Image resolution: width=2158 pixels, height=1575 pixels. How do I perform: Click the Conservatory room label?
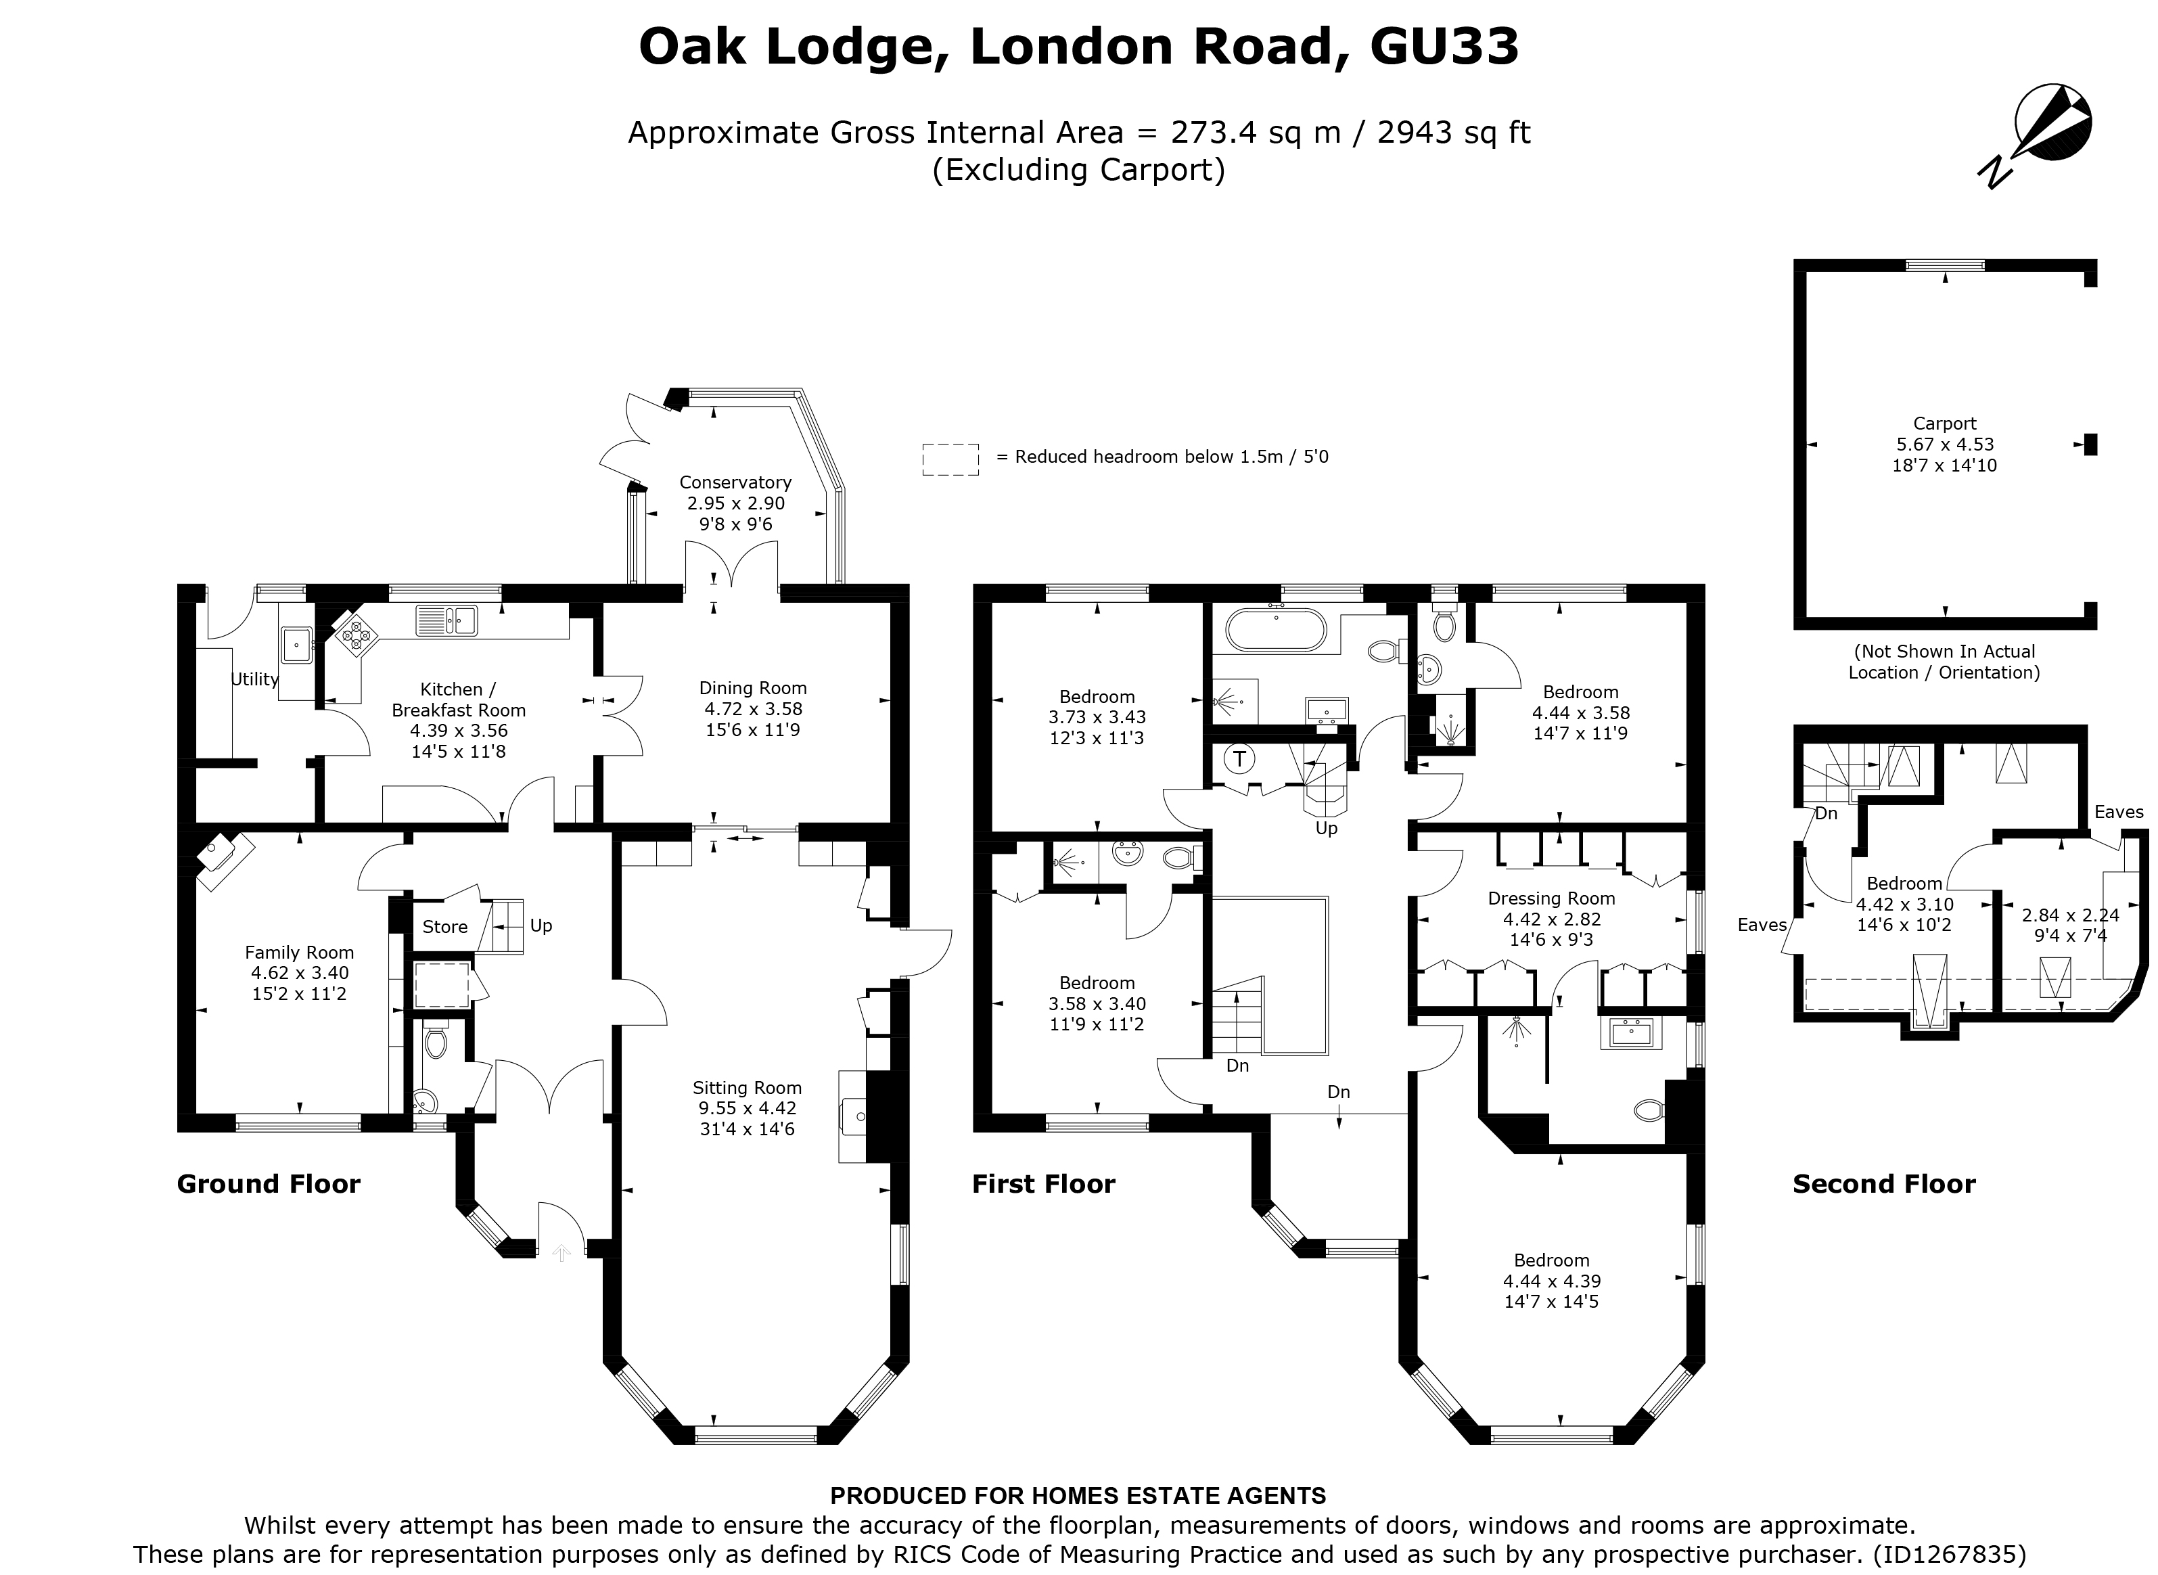click(x=735, y=482)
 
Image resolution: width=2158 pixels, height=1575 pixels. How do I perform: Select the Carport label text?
click(x=1944, y=424)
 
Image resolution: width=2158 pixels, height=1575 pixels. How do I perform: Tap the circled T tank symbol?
click(x=1239, y=760)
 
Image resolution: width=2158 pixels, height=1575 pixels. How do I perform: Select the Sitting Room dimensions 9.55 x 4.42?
click(x=746, y=1108)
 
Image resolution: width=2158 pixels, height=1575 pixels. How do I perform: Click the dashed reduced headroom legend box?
click(x=950, y=459)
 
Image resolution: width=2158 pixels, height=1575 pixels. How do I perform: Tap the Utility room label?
click(x=254, y=679)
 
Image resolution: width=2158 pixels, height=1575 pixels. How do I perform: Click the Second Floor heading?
click(x=1883, y=1184)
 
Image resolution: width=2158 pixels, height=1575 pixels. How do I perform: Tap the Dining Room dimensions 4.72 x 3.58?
click(x=753, y=708)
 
